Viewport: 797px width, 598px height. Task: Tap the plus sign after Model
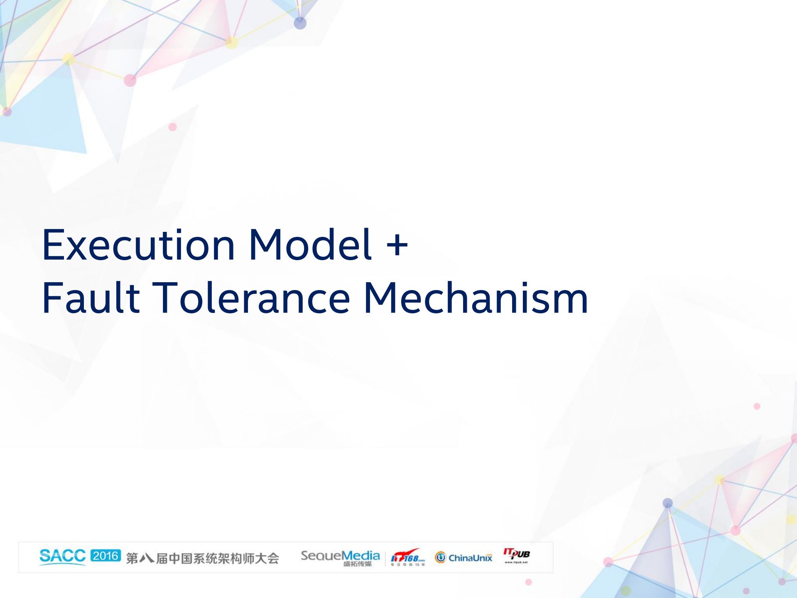pyautogui.click(x=397, y=245)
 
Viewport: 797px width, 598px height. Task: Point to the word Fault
pyautogui.click(x=91, y=298)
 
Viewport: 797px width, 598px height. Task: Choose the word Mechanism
pyautogui.click(x=476, y=298)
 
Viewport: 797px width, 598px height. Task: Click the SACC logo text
pyautogui.click(x=62, y=556)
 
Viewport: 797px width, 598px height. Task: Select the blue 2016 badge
pyautogui.click(x=105, y=556)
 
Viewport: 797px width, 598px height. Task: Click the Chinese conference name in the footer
pyautogui.click(x=202, y=558)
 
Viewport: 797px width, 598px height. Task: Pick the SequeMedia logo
pyautogui.click(x=340, y=556)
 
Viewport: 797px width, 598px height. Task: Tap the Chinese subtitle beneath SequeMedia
pyautogui.click(x=357, y=564)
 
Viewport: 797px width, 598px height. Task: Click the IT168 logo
pyautogui.click(x=407, y=557)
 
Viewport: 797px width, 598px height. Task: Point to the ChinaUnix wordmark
pyautogui.click(x=470, y=558)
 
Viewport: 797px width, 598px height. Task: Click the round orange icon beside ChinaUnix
pyautogui.click(x=440, y=557)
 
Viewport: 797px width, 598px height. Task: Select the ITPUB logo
pyautogui.click(x=516, y=554)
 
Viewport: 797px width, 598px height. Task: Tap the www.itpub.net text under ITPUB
pyautogui.click(x=516, y=562)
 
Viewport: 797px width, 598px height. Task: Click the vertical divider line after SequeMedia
pyautogui.click(x=385, y=558)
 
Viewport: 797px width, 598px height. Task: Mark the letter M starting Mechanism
pyautogui.click(x=380, y=298)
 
